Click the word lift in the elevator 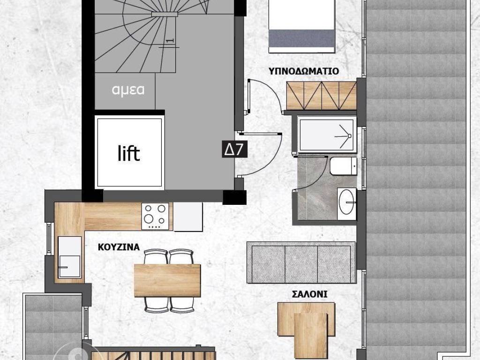128,153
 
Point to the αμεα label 128,90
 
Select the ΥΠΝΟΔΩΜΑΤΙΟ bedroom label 304,72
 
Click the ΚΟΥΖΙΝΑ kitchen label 119,247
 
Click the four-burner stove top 156,216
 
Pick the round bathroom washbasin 347,201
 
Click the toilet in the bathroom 342,166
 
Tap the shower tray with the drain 327,135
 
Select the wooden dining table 167,280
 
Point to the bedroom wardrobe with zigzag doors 321,96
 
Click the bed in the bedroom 302,26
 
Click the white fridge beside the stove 188,217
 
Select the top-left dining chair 156,257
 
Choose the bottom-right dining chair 182,304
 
